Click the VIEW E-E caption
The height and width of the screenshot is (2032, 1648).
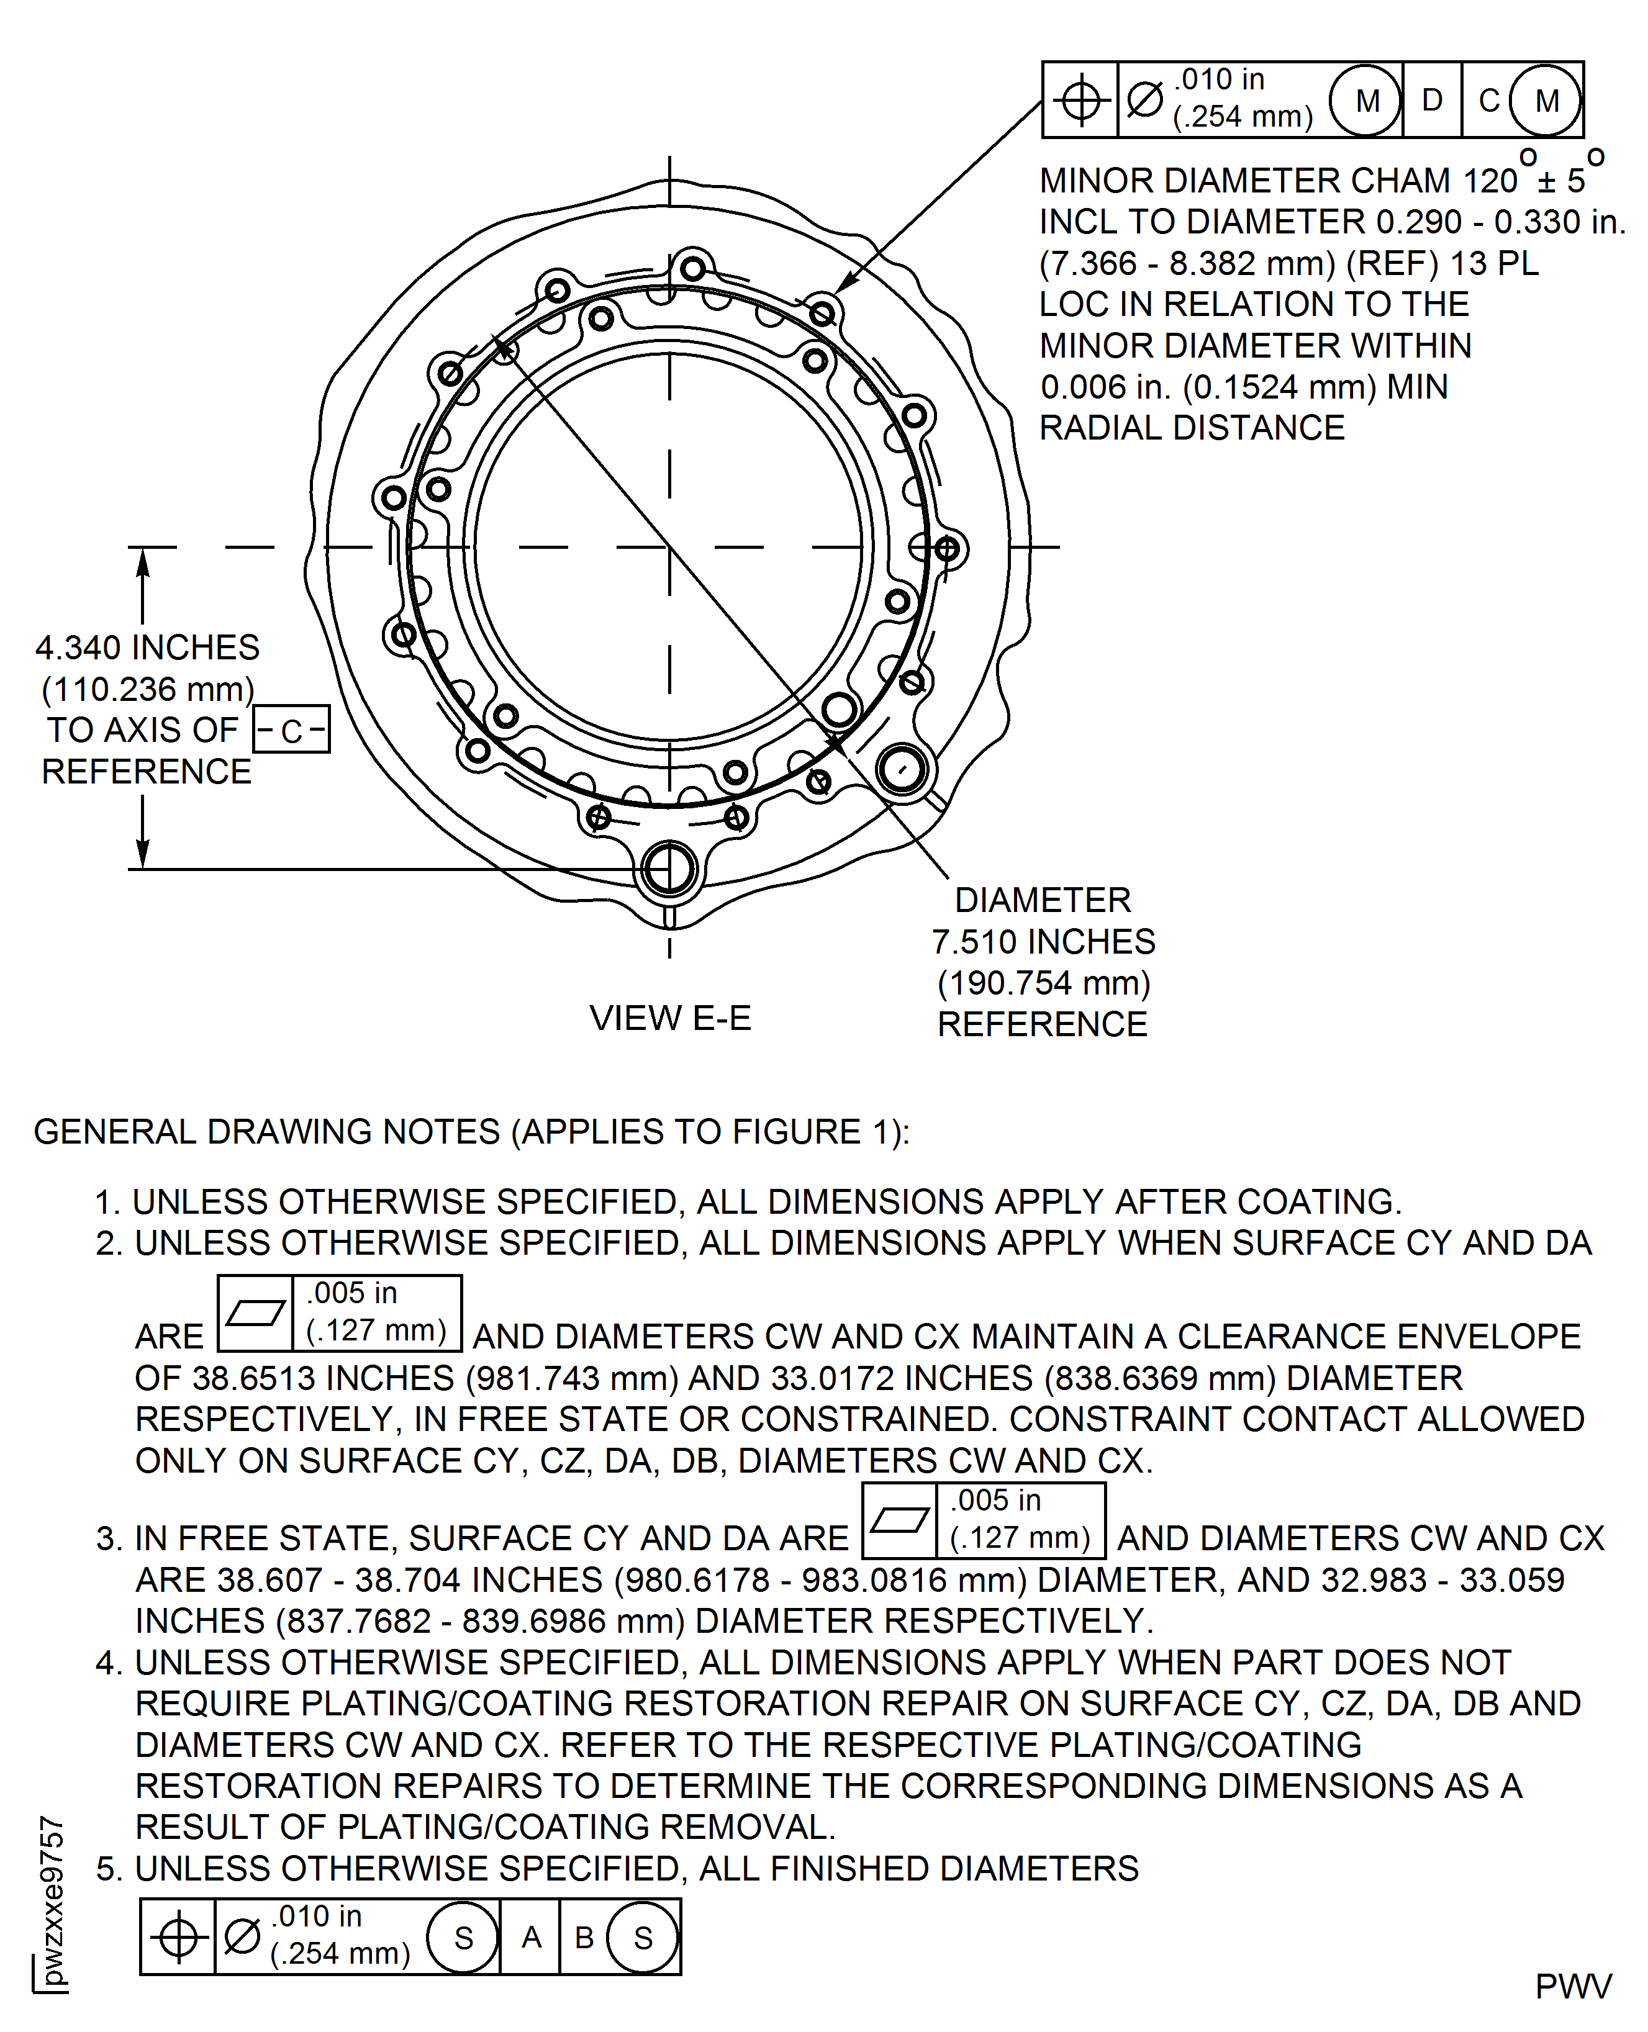coord(669,1018)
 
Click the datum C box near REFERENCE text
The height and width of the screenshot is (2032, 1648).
coord(291,730)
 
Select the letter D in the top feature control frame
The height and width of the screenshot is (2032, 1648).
coord(1431,100)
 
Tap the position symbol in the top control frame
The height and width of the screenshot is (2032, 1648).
coord(1080,101)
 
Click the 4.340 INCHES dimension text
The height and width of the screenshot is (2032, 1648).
coord(147,648)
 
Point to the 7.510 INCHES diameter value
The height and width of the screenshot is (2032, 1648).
coord(1043,941)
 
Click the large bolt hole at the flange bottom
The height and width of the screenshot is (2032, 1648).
coord(669,869)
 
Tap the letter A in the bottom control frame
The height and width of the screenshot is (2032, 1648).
coord(531,1937)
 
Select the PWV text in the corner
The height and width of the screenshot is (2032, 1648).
coord(1573,1985)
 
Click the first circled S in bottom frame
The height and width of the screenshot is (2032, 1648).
coord(463,1937)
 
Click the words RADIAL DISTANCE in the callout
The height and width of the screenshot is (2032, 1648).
coord(1192,428)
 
